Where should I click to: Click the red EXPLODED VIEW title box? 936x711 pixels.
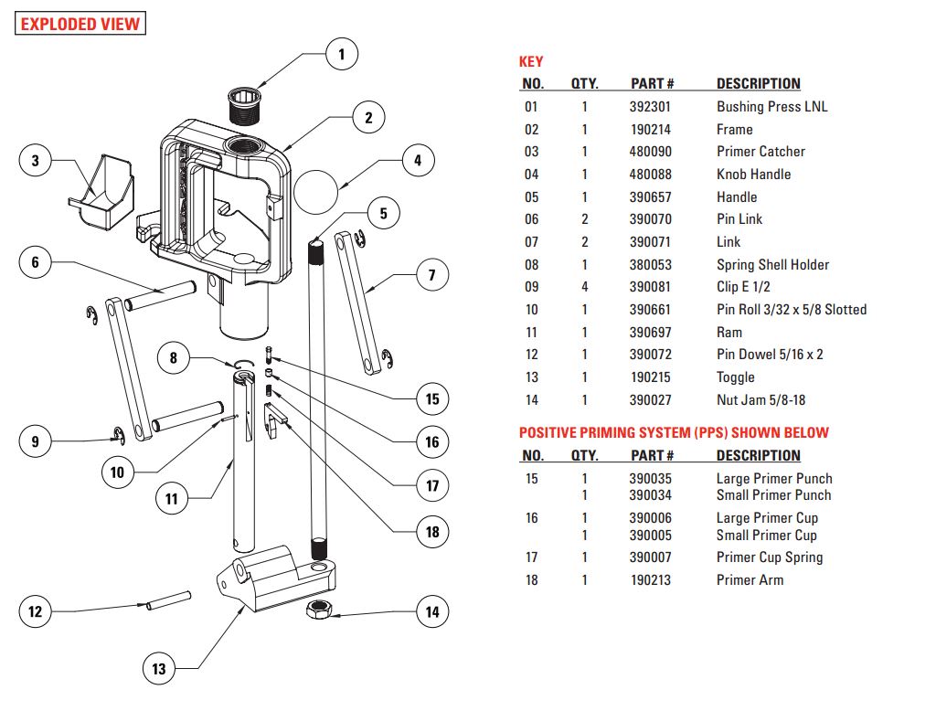(80, 24)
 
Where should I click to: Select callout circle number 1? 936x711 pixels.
(342, 55)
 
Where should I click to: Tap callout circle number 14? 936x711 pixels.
(433, 611)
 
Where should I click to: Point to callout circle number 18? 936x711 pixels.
(433, 531)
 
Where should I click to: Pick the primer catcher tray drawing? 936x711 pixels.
(101, 194)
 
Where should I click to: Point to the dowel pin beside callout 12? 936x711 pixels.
(165, 601)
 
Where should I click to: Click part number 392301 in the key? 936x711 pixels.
(652, 106)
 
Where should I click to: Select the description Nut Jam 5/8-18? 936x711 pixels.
(760, 400)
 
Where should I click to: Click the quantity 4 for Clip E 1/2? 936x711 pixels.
(585, 287)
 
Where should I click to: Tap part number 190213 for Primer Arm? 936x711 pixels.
(652, 579)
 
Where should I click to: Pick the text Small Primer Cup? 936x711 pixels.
(767, 536)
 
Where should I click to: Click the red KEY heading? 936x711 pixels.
(531, 62)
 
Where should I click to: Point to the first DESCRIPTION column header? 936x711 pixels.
(758, 84)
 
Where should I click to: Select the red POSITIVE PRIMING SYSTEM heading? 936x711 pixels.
(674, 433)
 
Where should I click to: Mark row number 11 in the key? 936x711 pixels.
(531, 333)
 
